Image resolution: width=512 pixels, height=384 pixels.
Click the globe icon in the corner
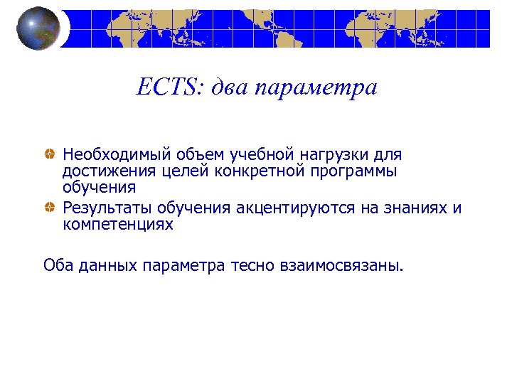click(x=37, y=28)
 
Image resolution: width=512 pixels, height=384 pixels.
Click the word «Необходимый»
click(x=107, y=154)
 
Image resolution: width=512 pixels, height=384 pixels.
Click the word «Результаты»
click(x=106, y=208)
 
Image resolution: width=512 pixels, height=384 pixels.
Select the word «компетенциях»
click(x=117, y=225)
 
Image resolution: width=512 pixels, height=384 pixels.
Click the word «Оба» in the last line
click(x=57, y=266)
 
